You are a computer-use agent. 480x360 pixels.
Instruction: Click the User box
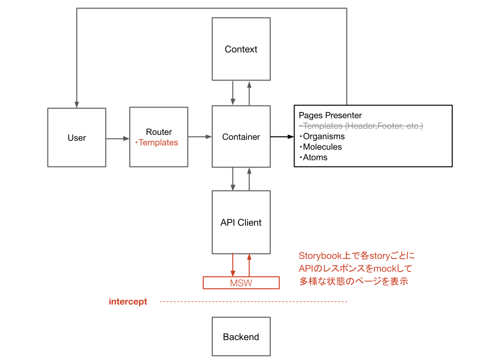pos(76,137)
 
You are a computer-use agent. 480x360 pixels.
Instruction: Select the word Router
pos(158,132)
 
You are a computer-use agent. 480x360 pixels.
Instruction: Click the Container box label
pos(241,137)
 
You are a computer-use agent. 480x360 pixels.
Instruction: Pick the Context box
pos(241,49)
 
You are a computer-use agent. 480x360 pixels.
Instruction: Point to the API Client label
pos(241,222)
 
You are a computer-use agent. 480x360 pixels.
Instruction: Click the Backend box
pos(241,337)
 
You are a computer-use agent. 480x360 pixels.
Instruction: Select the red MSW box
pos(241,283)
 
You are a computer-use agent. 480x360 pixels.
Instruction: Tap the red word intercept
pos(128,301)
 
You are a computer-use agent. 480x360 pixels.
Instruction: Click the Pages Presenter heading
pos(330,115)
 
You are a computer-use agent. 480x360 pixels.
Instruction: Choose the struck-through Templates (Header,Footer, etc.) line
pos(361,126)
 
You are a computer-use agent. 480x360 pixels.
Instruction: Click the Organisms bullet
pos(322,136)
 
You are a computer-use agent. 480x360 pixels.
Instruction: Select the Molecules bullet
pos(321,147)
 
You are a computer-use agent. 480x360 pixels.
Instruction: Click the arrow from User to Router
pos(117,138)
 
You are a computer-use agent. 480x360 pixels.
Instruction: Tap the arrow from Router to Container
pos(200,136)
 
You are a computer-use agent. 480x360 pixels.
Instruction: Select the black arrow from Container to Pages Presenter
pos(282,136)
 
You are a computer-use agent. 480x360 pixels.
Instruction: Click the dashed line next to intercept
pos(253,301)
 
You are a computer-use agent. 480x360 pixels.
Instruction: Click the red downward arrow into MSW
pos(233,265)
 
